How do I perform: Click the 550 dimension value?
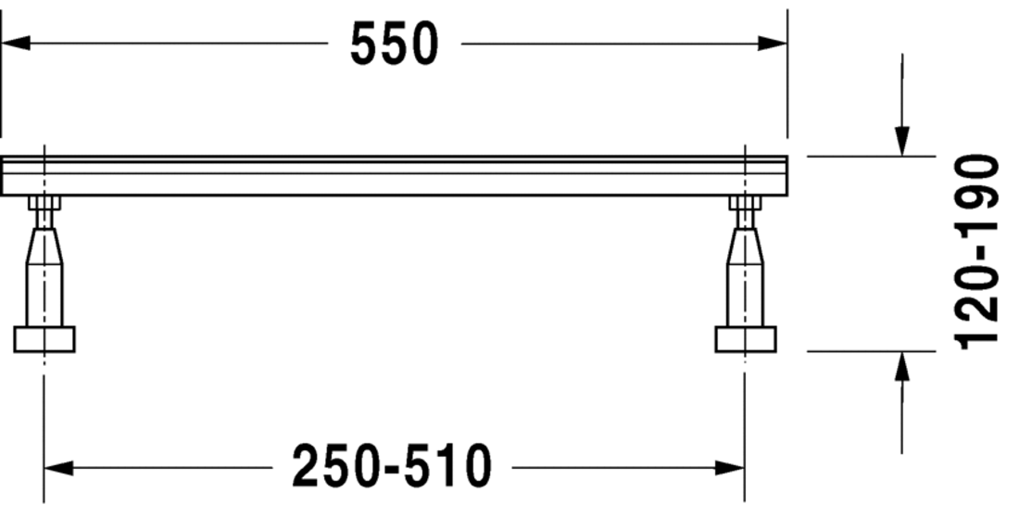pyautogui.click(x=393, y=44)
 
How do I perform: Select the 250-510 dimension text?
pyautogui.click(x=392, y=466)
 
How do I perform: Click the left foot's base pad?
pyautogui.click(x=44, y=339)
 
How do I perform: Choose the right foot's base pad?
pyautogui.click(x=746, y=339)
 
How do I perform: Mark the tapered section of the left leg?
pyautogui.click(x=44, y=246)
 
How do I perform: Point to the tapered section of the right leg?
pyautogui.click(x=746, y=246)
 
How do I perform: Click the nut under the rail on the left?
pyautogui.click(x=44, y=203)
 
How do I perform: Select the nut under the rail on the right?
pyautogui.click(x=746, y=203)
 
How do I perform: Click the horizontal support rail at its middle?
pyautogui.click(x=394, y=176)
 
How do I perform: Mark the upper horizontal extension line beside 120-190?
pyautogui.click(x=871, y=157)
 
